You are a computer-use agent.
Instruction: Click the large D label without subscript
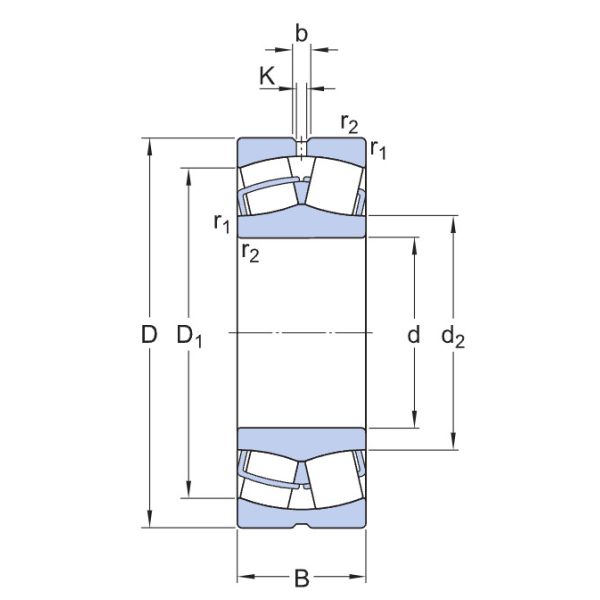[149, 336]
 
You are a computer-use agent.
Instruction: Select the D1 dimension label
[190, 337]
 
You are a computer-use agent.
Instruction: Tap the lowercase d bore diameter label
[413, 336]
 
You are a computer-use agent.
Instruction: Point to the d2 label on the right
[453, 338]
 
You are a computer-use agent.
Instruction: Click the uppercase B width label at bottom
[301, 577]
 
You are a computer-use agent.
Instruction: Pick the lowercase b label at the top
[301, 32]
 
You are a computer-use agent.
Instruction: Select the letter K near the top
[267, 75]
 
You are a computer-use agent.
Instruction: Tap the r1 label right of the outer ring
[378, 150]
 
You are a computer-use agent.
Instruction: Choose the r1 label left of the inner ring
[222, 222]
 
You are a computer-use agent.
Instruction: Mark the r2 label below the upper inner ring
[250, 254]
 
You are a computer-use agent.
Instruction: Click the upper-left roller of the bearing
[266, 194]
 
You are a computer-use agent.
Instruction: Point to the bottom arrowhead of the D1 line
[188, 491]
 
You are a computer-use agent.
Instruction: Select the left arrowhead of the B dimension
[243, 577]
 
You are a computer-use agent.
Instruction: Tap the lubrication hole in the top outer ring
[301, 148]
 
